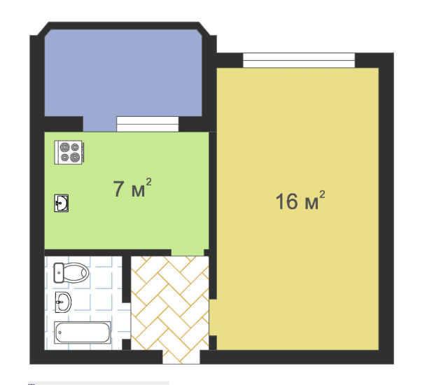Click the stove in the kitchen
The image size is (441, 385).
(x=69, y=152)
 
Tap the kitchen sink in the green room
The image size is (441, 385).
(x=62, y=203)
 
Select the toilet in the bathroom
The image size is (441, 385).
(x=71, y=272)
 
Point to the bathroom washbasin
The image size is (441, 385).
(x=63, y=302)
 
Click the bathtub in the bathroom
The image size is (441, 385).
(x=83, y=332)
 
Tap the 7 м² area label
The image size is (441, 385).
(x=132, y=188)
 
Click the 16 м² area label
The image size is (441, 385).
(x=300, y=200)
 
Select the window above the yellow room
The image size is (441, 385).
(x=299, y=60)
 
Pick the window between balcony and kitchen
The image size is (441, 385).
(x=148, y=124)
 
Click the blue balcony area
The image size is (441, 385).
(x=123, y=73)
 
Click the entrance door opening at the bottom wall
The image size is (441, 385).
(x=181, y=357)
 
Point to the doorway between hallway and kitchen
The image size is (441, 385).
(x=188, y=252)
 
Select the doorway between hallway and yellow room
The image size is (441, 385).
(x=213, y=318)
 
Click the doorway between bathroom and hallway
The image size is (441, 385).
(x=127, y=321)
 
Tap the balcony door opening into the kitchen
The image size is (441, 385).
(x=100, y=124)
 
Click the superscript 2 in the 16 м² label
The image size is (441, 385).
(x=322, y=195)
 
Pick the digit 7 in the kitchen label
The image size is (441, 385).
(x=118, y=189)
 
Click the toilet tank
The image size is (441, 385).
(x=59, y=273)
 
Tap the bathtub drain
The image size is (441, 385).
(x=59, y=332)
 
